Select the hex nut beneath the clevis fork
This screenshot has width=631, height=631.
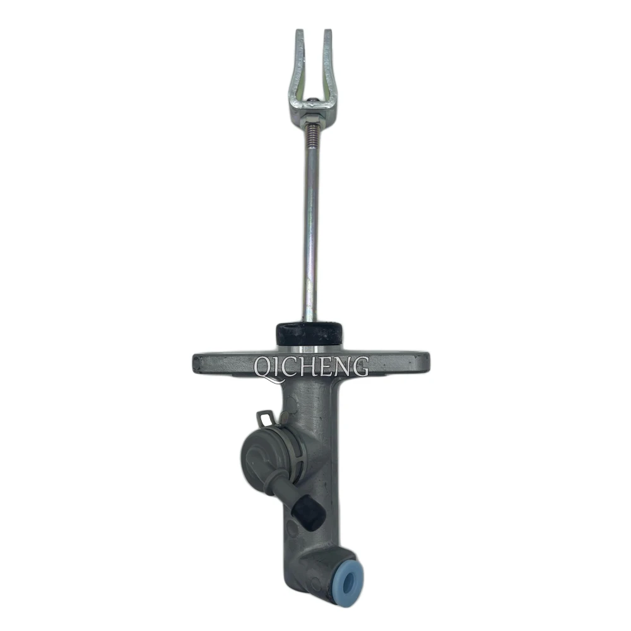(x=312, y=119)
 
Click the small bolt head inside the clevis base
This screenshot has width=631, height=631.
(x=312, y=100)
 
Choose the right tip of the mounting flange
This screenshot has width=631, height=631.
(x=428, y=358)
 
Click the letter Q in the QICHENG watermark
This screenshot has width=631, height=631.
(x=264, y=369)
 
